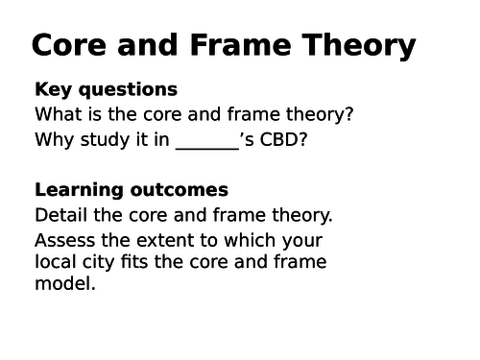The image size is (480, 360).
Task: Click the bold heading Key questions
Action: click(106, 89)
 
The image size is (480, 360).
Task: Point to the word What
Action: click(60, 114)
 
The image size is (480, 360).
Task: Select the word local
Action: click(57, 261)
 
